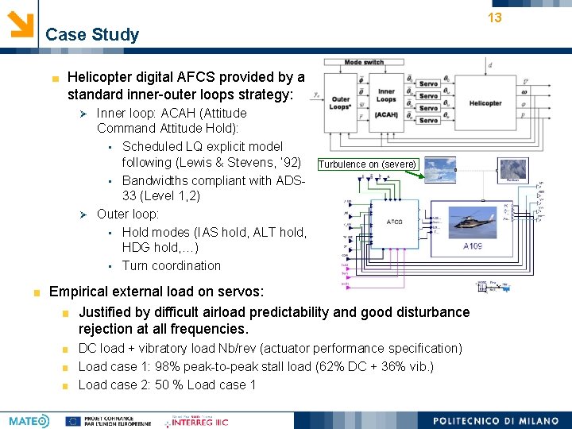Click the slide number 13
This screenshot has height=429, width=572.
pyautogui.click(x=494, y=17)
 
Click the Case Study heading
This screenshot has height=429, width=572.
pyautogui.click(x=92, y=35)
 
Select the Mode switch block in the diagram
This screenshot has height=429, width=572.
pyautogui.click(x=364, y=63)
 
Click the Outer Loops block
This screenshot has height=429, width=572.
pyautogui.click(x=341, y=99)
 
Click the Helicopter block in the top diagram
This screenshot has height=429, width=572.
pyautogui.click(x=485, y=103)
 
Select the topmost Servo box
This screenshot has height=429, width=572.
pyautogui.click(x=429, y=83)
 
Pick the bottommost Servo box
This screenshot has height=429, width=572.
pyautogui.click(x=429, y=120)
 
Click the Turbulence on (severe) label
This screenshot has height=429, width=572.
pyautogui.click(x=368, y=164)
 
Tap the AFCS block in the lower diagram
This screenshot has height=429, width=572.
pyautogui.click(x=395, y=222)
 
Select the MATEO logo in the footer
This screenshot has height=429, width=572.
pyautogui.click(x=29, y=420)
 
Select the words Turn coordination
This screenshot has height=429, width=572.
pyautogui.click(x=172, y=265)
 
